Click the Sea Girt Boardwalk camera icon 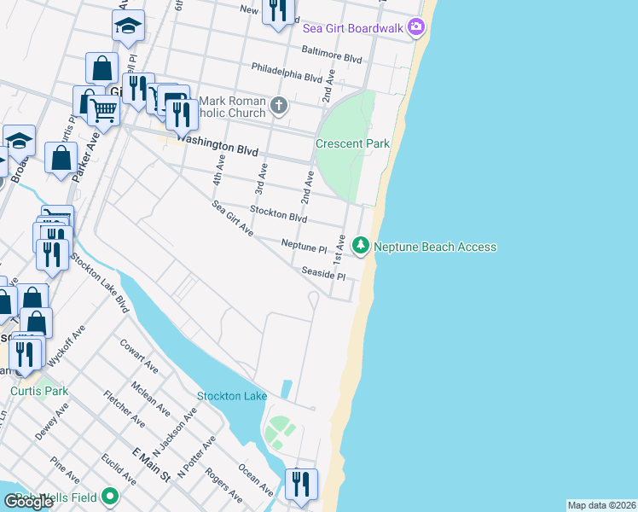415,27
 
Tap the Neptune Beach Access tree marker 361,247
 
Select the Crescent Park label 352,143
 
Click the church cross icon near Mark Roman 278,107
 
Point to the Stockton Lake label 232,396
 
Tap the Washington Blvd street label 219,150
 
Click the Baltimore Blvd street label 329,57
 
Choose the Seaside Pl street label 322,274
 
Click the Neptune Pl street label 304,246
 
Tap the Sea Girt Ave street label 232,218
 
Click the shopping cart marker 103,108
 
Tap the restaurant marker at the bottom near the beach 300,484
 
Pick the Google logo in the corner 29,502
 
